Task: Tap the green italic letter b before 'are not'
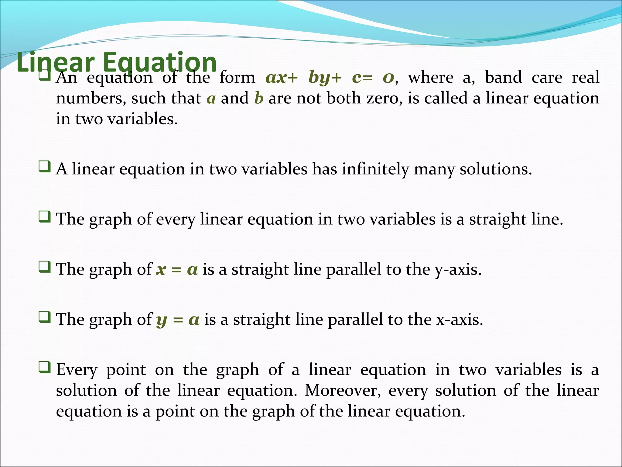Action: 258,98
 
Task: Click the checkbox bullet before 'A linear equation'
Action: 45,167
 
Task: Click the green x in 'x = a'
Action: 161,269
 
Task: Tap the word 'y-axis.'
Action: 458,269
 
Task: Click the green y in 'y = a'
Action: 162,320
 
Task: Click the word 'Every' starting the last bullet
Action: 77,370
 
